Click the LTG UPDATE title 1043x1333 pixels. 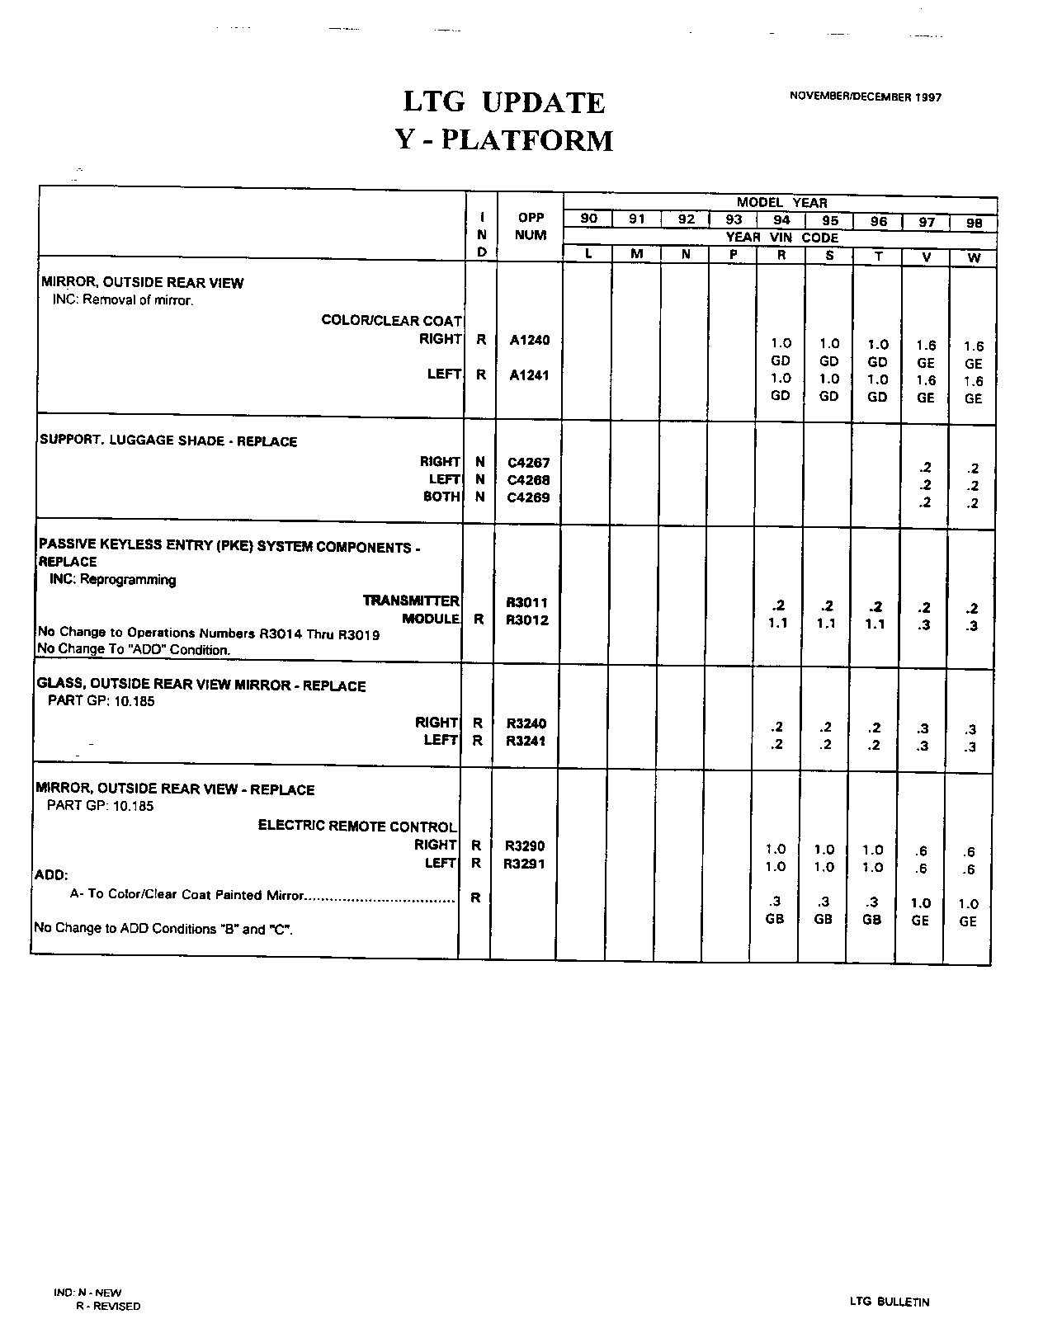coord(504,103)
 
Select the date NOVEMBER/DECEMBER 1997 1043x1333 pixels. coord(865,97)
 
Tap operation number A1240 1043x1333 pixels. coord(530,339)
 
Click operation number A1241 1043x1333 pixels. coord(530,375)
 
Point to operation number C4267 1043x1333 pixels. coord(529,463)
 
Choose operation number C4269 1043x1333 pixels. coord(529,497)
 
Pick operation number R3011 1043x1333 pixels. coord(527,603)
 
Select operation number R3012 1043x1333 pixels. coord(527,620)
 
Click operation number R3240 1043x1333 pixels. coord(526,723)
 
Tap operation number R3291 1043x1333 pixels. coord(525,864)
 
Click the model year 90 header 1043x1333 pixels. coord(589,219)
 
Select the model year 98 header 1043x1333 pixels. coord(974,223)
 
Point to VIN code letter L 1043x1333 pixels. coord(588,254)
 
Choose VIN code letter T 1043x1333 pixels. coord(878,257)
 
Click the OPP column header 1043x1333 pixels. coord(531,218)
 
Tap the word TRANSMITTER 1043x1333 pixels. coord(411,601)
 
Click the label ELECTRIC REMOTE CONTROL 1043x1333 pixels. coord(357,826)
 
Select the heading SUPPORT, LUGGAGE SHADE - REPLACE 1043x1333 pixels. coord(168,440)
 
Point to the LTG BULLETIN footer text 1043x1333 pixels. coord(889,1302)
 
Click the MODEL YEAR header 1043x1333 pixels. coord(781,202)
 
